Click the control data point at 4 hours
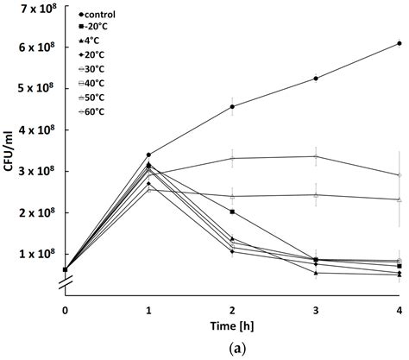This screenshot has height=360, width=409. tap(400, 43)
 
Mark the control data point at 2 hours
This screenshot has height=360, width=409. tap(232, 107)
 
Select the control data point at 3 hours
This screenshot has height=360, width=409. tap(316, 79)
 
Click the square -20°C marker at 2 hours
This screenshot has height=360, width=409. tap(232, 212)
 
